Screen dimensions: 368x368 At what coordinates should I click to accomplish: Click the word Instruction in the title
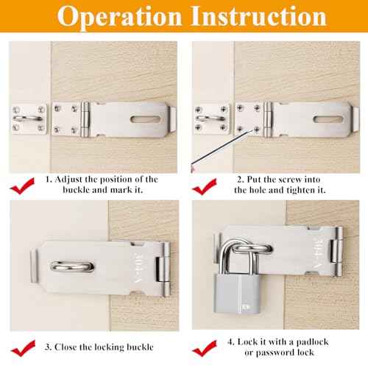pos(253,18)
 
